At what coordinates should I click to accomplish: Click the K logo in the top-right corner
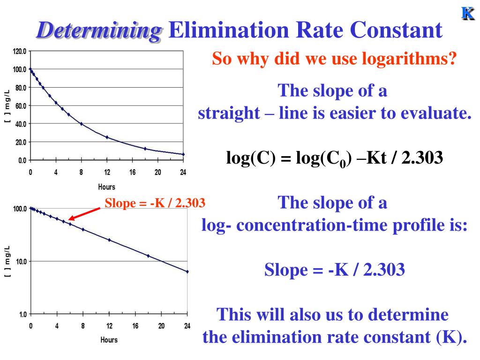point(467,14)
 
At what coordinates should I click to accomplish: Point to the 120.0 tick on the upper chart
point(20,51)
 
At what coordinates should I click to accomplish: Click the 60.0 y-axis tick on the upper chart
point(21,106)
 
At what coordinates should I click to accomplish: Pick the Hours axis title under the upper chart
point(106,187)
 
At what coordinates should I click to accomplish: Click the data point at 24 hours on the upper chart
point(183,154)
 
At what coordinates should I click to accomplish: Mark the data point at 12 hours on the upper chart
point(107,137)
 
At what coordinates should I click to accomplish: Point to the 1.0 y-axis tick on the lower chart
point(22,315)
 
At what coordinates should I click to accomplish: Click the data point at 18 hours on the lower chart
point(148,256)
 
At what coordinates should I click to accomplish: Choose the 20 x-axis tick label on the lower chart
point(162,326)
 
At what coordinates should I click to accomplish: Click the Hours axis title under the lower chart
point(109,339)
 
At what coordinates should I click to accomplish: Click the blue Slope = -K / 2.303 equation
point(334,270)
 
